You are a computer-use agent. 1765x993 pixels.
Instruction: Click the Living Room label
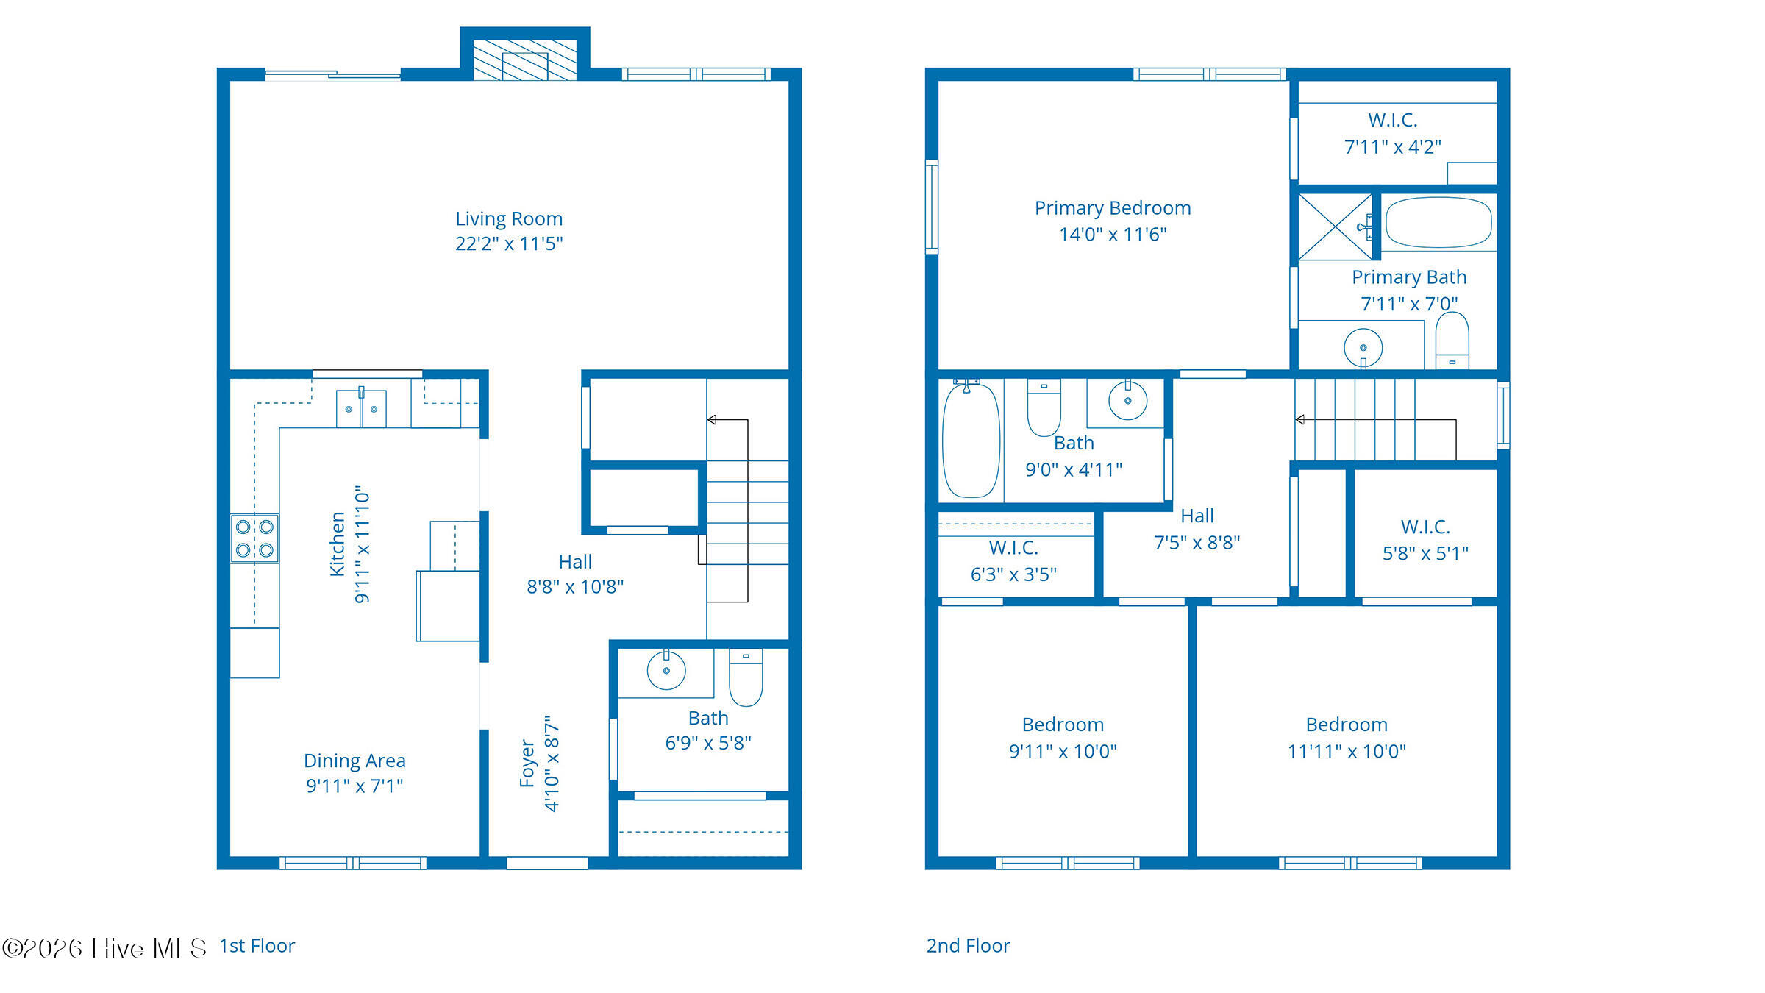coord(509,219)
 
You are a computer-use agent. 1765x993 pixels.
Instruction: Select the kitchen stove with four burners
coord(254,538)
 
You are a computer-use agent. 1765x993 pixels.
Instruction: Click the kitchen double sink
coord(361,408)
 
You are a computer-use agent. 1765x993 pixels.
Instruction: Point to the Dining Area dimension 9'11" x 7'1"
coord(354,786)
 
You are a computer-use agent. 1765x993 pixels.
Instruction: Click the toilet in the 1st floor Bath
coord(746,677)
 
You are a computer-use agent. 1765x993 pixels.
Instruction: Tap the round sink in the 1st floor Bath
coord(666,670)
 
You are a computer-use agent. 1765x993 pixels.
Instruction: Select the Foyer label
coord(527,764)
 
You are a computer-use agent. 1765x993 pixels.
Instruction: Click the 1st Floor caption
coord(257,946)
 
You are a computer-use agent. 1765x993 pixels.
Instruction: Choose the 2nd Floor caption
coord(969,946)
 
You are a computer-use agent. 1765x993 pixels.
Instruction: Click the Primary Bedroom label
coord(1113,208)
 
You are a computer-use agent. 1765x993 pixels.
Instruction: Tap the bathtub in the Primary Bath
coord(1438,222)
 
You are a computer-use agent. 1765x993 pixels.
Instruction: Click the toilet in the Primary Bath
coord(1452,341)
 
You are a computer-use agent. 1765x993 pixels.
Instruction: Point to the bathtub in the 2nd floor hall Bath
coord(971,440)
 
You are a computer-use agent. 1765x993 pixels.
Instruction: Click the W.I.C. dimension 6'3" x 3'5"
coord(1014,574)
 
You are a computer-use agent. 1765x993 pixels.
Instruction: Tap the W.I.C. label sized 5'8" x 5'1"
coord(1425,527)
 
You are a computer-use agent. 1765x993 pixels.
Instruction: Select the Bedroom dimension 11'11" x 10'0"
coord(1347,752)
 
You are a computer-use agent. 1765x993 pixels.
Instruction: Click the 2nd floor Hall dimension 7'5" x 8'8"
coord(1197,543)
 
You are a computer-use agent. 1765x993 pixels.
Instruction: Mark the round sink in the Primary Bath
coord(1363,348)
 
